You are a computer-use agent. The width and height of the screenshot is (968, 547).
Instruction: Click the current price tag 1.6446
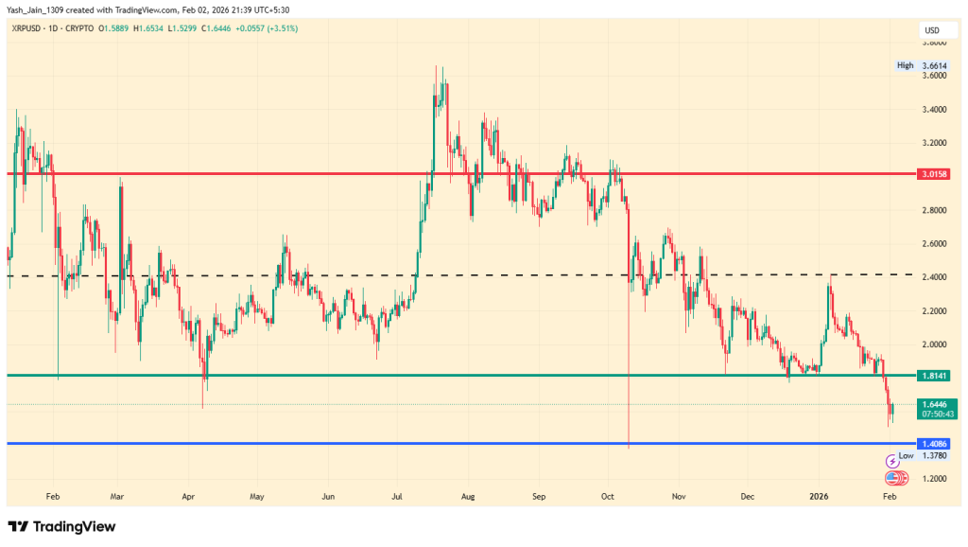click(x=937, y=404)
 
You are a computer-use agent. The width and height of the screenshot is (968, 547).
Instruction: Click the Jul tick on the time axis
click(x=398, y=495)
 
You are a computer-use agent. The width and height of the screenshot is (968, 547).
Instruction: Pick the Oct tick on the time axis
click(x=608, y=495)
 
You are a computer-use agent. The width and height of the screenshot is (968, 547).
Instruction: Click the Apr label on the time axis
click(x=187, y=495)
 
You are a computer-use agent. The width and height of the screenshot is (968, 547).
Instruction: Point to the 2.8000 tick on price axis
click(x=936, y=210)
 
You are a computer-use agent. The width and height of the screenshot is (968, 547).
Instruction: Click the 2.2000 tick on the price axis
click(x=936, y=310)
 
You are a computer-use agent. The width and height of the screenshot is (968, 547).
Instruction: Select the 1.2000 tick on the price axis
click(x=936, y=479)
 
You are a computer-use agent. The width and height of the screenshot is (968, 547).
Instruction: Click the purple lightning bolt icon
click(x=891, y=461)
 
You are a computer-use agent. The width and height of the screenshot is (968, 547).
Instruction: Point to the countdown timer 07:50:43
click(x=937, y=414)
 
